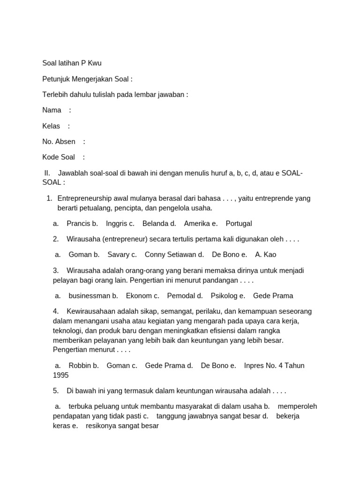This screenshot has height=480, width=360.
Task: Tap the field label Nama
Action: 52,110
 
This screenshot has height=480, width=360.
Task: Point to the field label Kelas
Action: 51,126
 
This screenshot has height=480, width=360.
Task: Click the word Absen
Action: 65,142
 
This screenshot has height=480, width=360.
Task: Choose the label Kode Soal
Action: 59,157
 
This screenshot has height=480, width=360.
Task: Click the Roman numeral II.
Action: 47,173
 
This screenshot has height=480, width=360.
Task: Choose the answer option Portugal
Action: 239,224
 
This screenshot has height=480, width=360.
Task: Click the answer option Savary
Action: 119,255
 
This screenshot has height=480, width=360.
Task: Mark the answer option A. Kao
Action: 265,255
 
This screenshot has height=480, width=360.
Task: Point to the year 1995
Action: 61,375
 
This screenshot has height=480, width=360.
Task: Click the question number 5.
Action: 56,391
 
